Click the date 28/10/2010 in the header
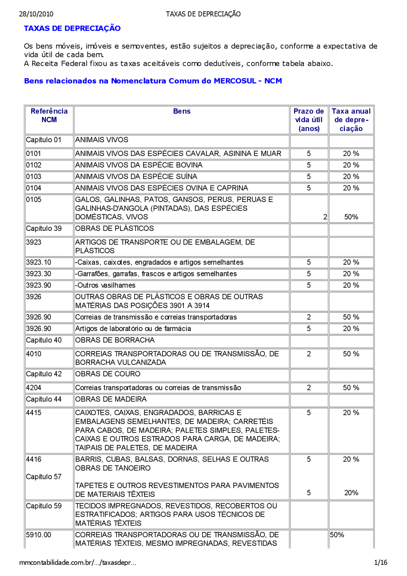(36, 14)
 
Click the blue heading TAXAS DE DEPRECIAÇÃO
(72, 28)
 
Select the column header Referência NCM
(49, 115)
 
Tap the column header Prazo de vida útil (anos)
(308, 120)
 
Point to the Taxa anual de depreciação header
(351, 120)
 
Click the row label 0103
(33, 177)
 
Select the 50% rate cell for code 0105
(351, 217)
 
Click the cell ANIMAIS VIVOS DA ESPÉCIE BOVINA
(139, 165)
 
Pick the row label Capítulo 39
(44, 228)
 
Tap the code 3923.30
(38, 274)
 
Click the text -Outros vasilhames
(105, 285)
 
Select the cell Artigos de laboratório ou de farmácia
(133, 329)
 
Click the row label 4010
(33, 354)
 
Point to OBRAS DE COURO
(107, 374)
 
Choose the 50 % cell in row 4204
(351, 388)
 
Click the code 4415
(33, 413)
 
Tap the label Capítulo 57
(44, 477)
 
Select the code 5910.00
(38, 535)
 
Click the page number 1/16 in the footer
(381, 563)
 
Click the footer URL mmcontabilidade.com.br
(78, 563)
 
